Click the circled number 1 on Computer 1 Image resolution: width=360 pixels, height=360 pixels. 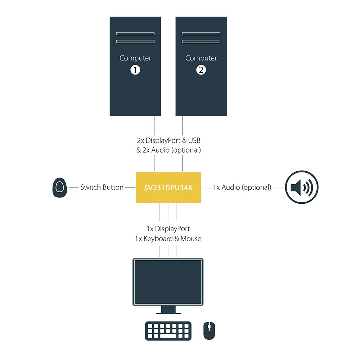coord(135,69)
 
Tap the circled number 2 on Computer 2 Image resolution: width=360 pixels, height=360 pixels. coord(201,69)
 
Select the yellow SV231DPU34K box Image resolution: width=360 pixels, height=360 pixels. coord(168,187)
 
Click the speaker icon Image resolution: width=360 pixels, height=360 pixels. coord(302,187)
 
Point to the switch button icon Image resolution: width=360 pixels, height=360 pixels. coord(60,188)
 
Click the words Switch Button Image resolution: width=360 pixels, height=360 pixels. coord(102,187)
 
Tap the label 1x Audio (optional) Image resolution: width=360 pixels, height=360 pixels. coord(242,187)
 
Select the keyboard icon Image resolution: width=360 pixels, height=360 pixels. coord(168,330)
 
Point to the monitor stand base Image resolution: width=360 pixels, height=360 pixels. coord(168,312)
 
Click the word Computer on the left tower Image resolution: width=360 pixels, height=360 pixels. coord(135,58)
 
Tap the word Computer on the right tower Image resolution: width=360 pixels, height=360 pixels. coord(201,58)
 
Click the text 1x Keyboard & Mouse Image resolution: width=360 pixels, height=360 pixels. coord(168,238)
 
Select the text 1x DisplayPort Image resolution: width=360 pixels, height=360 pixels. coord(168,229)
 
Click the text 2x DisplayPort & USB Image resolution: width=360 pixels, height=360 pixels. coord(168,140)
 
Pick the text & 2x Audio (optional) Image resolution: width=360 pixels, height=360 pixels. coord(168,150)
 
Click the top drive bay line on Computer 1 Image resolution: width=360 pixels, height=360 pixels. coord(135,34)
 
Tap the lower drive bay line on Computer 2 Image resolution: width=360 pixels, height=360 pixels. coord(201,41)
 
